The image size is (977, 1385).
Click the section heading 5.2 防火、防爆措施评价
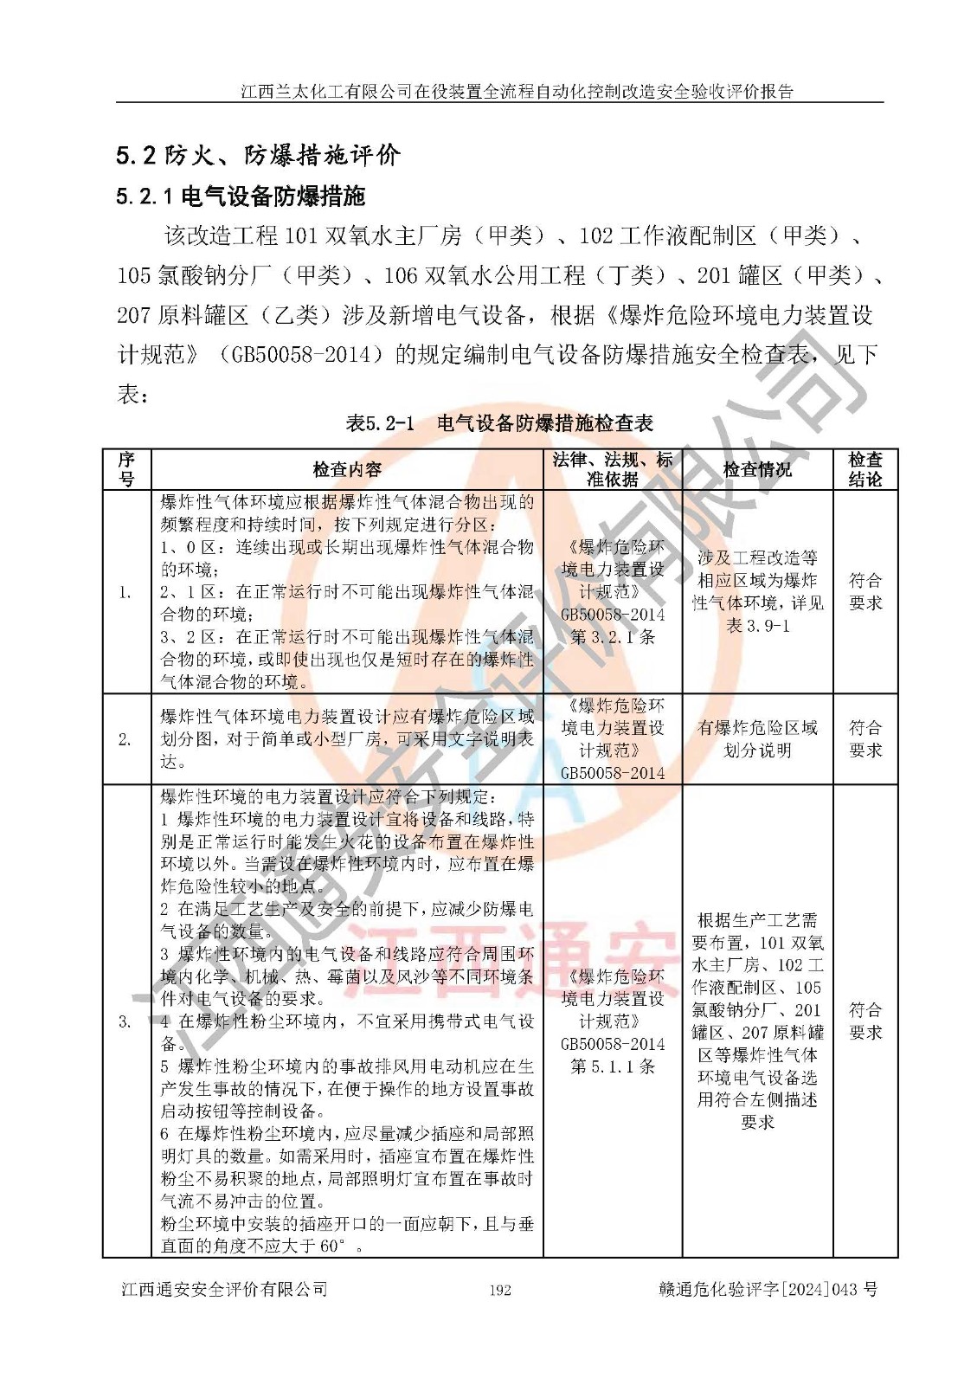(258, 155)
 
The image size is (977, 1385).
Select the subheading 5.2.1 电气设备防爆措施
(241, 196)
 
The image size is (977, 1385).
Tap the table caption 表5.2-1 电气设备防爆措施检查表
(499, 423)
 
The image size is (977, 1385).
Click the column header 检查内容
(347, 470)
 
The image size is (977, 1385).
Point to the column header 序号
(126, 469)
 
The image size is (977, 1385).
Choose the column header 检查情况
(757, 470)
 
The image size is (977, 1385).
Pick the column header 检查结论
(865, 469)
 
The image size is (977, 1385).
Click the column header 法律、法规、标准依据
(613, 469)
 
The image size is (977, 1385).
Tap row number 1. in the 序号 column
(125, 593)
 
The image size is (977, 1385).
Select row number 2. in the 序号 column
(125, 739)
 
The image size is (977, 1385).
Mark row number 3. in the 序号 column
(125, 1021)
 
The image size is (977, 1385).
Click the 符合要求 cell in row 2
(865, 739)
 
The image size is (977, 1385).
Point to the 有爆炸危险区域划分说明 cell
(757, 739)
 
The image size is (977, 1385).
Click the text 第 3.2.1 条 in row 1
(613, 637)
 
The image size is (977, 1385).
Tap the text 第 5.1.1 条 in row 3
(613, 1066)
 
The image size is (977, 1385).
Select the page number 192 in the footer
(500, 1290)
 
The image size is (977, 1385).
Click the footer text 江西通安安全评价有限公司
(224, 1289)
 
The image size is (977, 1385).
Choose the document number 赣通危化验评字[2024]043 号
(768, 1289)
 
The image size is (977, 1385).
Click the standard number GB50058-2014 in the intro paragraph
(300, 355)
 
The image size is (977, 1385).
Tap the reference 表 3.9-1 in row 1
(758, 626)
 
